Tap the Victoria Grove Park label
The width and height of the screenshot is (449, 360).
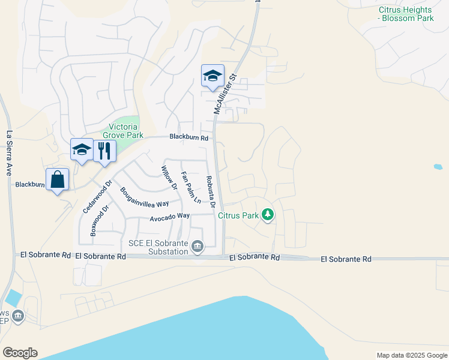[x=124, y=131]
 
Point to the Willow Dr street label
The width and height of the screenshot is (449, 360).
[x=169, y=178]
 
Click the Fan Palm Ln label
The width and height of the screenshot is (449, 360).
[x=191, y=188]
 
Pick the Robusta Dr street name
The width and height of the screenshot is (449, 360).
[x=210, y=191]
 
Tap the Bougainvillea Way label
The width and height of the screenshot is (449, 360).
[x=144, y=196]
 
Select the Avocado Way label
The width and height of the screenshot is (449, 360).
[x=170, y=215]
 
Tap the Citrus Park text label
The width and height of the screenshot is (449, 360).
[x=238, y=215]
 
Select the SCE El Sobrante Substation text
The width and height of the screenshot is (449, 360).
[x=158, y=247]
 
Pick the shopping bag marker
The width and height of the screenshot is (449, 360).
[x=57, y=179]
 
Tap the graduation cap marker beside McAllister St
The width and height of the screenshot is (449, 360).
[x=212, y=76]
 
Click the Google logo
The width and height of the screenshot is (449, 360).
[x=20, y=353]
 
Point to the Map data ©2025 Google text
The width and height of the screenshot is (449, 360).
[x=412, y=355]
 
